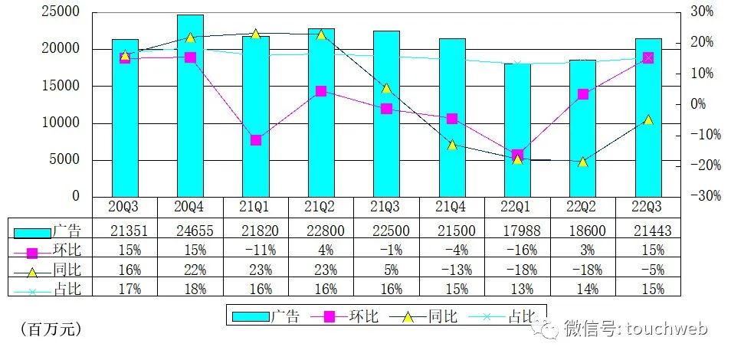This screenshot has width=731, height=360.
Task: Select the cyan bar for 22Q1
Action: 517,130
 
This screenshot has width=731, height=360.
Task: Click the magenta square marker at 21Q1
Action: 256,140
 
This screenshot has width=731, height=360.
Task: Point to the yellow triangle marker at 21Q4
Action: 452,144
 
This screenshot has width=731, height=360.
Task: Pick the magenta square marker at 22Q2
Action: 583,94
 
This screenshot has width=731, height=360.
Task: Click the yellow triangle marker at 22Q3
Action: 648,119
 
